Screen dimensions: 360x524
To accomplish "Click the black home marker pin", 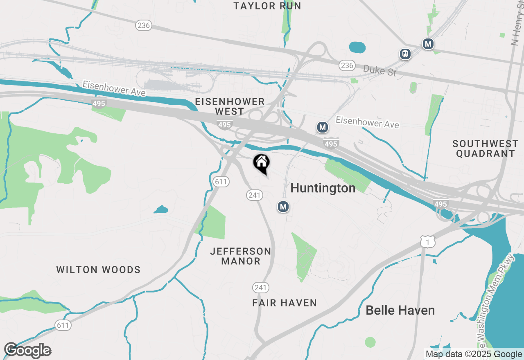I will pyautogui.click(x=261, y=163).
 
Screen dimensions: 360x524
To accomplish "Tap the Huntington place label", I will pyautogui.click(x=323, y=188).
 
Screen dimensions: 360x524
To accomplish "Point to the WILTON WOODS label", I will pyautogui.click(x=98, y=270).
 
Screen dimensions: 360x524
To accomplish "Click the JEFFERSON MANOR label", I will pyautogui.click(x=241, y=256).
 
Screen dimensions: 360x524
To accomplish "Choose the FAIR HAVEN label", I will pyautogui.click(x=285, y=303).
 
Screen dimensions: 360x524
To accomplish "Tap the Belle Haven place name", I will pyautogui.click(x=400, y=310).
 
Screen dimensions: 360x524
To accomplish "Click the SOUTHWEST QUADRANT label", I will pyautogui.click(x=485, y=148).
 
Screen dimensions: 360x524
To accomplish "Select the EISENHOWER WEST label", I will pyautogui.click(x=230, y=106).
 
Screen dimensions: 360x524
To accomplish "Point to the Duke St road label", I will pyautogui.click(x=379, y=70).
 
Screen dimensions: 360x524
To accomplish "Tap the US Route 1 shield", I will pyautogui.click(x=428, y=242).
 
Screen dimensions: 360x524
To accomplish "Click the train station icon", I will pyautogui.click(x=405, y=54).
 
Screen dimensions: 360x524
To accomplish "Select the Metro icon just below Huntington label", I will pyautogui.click(x=283, y=207).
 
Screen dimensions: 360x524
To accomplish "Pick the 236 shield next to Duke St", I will pyautogui.click(x=347, y=65).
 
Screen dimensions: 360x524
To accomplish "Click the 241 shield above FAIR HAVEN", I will pyautogui.click(x=260, y=288).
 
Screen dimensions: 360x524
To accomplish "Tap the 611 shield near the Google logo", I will pyautogui.click(x=63, y=325).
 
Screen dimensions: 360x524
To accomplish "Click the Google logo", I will pyautogui.click(x=28, y=351).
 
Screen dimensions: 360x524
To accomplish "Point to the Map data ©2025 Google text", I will pyautogui.click(x=474, y=354).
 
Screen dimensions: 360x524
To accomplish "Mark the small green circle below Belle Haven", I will pyautogui.click(x=370, y=342).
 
